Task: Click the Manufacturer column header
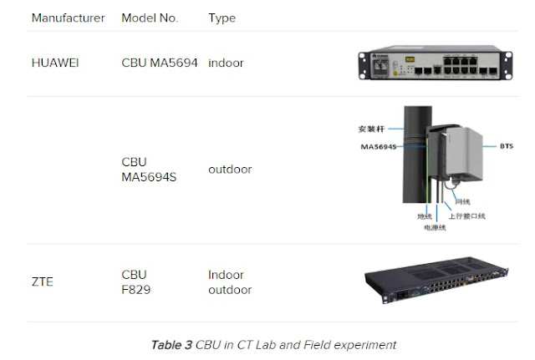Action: pyautogui.click(x=68, y=18)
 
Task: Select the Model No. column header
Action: pyautogui.click(x=150, y=18)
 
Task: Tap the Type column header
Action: pyautogui.click(x=222, y=18)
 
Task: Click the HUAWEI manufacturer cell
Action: pyautogui.click(x=55, y=63)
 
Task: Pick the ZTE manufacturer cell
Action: pyautogui.click(x=42, y=281)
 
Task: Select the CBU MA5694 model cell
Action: pyautogui.click(x=160, y=63)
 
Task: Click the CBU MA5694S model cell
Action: pyautogui.click(x=149, y=170)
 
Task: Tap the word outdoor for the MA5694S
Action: pyautogui.click(x=230, y=170)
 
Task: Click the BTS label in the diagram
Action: pyautogui.click(x=507, y=145)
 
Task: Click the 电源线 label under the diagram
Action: pyautogui.click(x=436, y=226)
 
